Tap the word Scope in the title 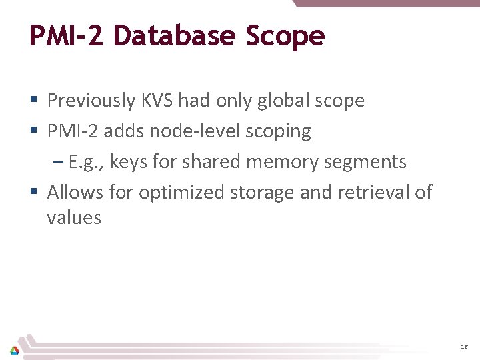(x=285, y=37)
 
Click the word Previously (x=91, y=101)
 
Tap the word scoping (x=277, y=132)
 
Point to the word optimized (x=181, y=193)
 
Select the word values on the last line (x=74, y=217)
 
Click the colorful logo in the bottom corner (x=14, y=349)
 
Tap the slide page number (x=464, y=347)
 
